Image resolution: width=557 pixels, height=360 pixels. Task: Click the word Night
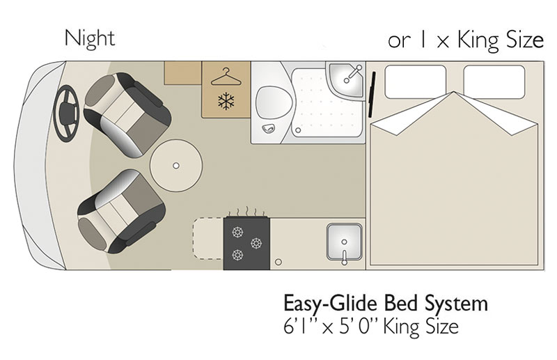(x=90, y=38)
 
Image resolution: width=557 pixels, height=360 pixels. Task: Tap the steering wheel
(x=66, y=114)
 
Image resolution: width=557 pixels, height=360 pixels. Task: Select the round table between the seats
(x=176, y=166)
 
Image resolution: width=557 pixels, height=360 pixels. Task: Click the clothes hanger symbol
(x=226, y=77)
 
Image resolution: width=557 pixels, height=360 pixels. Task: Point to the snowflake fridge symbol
(x=226, y=101)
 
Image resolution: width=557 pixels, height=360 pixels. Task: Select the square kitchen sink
(x=344, y=242)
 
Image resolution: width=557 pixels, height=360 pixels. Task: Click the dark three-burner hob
(x=246, y=244)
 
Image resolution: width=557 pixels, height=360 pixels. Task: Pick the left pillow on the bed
(x=416, y=81)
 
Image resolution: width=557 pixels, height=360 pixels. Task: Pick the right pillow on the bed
(x=494, y=81)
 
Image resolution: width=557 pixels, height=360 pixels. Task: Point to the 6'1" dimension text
(x=299, y=327)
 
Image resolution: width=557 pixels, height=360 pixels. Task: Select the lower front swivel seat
(x=121, y=212)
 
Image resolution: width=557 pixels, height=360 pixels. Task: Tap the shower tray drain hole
(x=298, y=130)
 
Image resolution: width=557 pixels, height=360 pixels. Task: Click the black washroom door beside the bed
(x=372, y=94)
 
